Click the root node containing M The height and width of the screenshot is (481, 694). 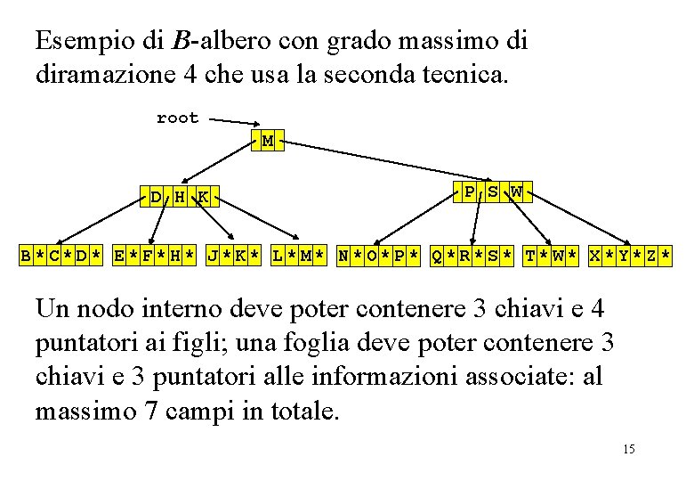(x=268, y=141)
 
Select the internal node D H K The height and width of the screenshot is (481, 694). (x=180, y=196)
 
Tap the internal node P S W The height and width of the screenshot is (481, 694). (x=492, y=192)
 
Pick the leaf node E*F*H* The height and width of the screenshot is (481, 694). (x=155, y=257)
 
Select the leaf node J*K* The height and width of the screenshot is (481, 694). (x=234, y=257)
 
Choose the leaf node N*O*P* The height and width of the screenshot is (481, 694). (x=378, y=257)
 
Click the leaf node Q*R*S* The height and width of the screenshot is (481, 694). (x=472, y=257)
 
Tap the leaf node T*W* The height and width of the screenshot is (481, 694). (x=551, y=257)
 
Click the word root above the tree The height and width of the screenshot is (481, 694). (x=178, y=118)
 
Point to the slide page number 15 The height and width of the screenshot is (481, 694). (x=628, y=449)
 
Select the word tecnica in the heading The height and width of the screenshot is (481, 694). (x=468, y=74)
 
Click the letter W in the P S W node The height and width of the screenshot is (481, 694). (x=516, y=192)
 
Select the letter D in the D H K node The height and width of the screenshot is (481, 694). (x=156, y=196)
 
